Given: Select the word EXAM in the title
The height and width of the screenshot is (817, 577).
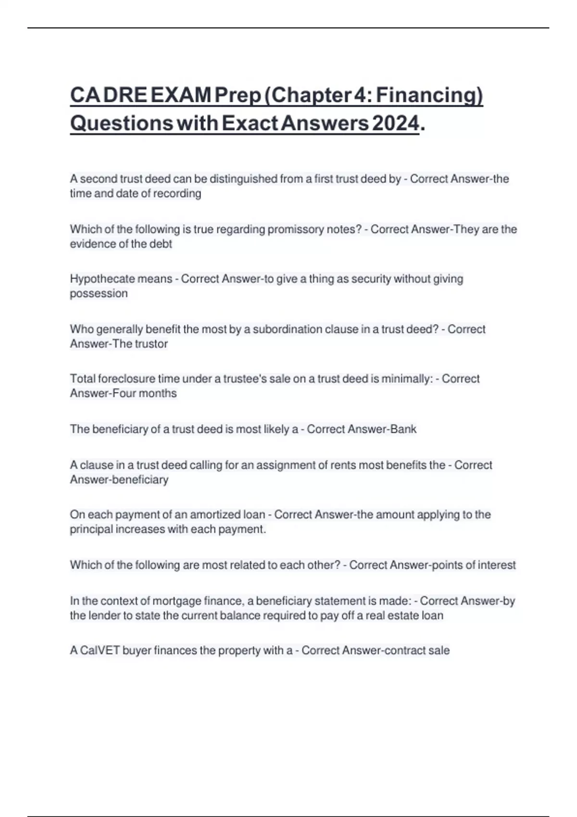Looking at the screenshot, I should tap(180, 95).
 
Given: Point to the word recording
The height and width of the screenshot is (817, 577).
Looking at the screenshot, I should tap(177, 194).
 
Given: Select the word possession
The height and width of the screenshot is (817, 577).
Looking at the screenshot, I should tap(99, 294).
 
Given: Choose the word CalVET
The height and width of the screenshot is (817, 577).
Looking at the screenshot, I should tap(100, 651).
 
